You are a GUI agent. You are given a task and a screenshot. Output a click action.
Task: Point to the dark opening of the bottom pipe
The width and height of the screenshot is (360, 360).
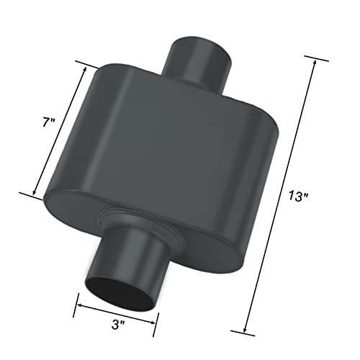pyautogui.click(x=116, y=283)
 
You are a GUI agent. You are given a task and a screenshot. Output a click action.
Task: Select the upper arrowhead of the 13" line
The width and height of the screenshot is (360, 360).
pyautogui.click(x=315, y=65)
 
